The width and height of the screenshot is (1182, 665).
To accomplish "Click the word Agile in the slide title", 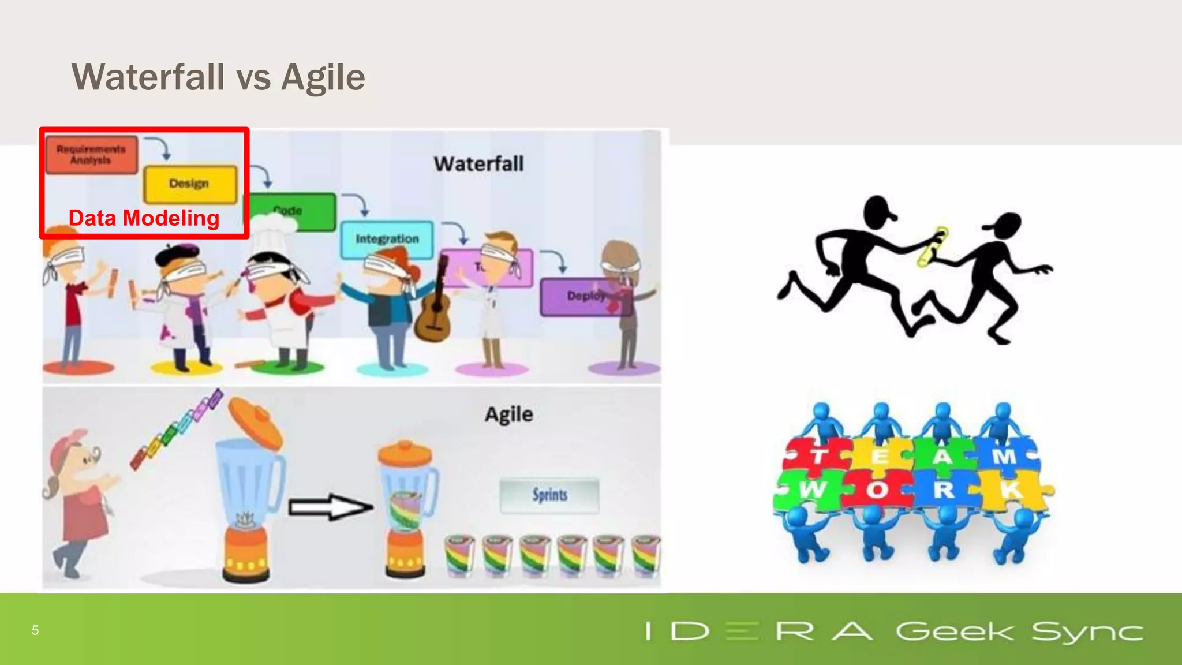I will [x=323, y=77].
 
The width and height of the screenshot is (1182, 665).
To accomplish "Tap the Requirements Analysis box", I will [x=91, y=155].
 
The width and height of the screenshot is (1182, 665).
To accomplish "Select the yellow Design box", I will [x=190, y=184].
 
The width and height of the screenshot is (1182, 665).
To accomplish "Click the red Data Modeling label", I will [x=144, y=218].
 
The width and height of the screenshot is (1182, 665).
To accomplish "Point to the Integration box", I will [x=387, y=239].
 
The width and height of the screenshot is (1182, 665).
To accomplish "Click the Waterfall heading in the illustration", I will [x=478, y=164].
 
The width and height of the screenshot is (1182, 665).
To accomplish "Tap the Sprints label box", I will [x=549, y=495].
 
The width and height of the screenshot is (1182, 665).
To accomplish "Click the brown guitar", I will [x=435, y=312].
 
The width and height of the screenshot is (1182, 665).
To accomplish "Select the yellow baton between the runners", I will [x=932, y=247].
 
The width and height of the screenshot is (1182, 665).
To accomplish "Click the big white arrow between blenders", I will [x=330, y=507].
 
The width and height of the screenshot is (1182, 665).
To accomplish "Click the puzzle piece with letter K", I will [x=1013, y=490].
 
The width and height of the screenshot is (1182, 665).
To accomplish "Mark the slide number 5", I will [x=35, y=630].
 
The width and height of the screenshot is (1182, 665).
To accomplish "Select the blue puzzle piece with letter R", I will [x=944, y=490].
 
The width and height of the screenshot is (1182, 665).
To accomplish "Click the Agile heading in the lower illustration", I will [x=508, y=414].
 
